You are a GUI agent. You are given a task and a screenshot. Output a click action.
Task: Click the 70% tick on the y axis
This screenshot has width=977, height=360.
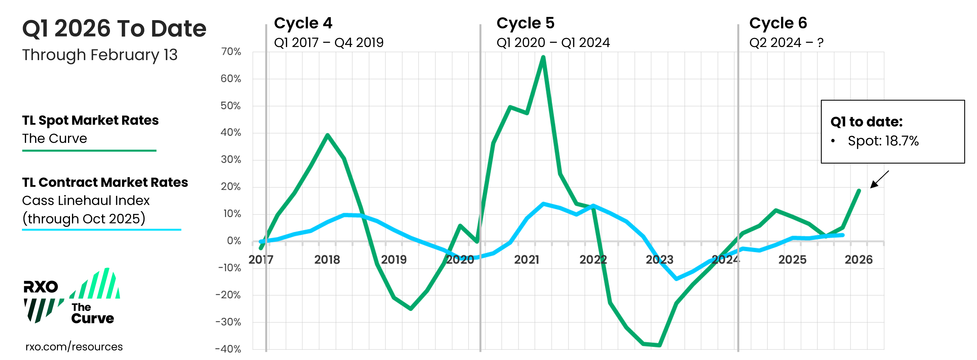point(231,52)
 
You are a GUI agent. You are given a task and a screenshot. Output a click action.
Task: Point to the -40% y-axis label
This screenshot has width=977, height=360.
point(228,349)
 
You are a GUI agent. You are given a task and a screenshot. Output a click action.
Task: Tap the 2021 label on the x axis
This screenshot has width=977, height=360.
point(526,260)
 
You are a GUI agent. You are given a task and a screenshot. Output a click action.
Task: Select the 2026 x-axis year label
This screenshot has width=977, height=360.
point(858,260)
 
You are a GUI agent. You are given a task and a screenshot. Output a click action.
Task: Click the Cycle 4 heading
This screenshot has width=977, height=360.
point(303,23)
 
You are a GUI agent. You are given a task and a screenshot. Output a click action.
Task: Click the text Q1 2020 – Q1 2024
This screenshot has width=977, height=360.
point(553,43)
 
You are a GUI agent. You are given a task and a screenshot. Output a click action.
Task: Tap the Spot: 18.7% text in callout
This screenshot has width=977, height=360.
point(883,141)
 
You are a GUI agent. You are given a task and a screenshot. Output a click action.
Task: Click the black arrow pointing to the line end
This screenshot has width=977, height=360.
point(879,179)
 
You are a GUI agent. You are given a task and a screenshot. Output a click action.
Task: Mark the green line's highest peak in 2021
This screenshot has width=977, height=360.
point(543,57)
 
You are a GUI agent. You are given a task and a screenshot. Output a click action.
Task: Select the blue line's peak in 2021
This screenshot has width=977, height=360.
point(543,204)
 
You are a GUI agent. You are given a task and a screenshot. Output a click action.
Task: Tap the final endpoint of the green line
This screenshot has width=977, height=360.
point(859,191)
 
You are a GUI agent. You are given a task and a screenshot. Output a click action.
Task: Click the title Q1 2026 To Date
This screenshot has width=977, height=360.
point(114,29)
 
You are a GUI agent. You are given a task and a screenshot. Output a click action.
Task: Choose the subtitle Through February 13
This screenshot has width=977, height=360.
point(100,55)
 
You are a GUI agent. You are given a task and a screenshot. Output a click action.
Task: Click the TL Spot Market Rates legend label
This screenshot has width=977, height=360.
point(90,120)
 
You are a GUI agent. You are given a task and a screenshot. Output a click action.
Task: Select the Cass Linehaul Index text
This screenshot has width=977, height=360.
point(86,200)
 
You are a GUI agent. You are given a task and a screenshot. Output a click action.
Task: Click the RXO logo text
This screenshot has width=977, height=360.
point(41,287)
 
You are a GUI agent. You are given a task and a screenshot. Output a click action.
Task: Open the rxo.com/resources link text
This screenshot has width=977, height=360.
point(74,347)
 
